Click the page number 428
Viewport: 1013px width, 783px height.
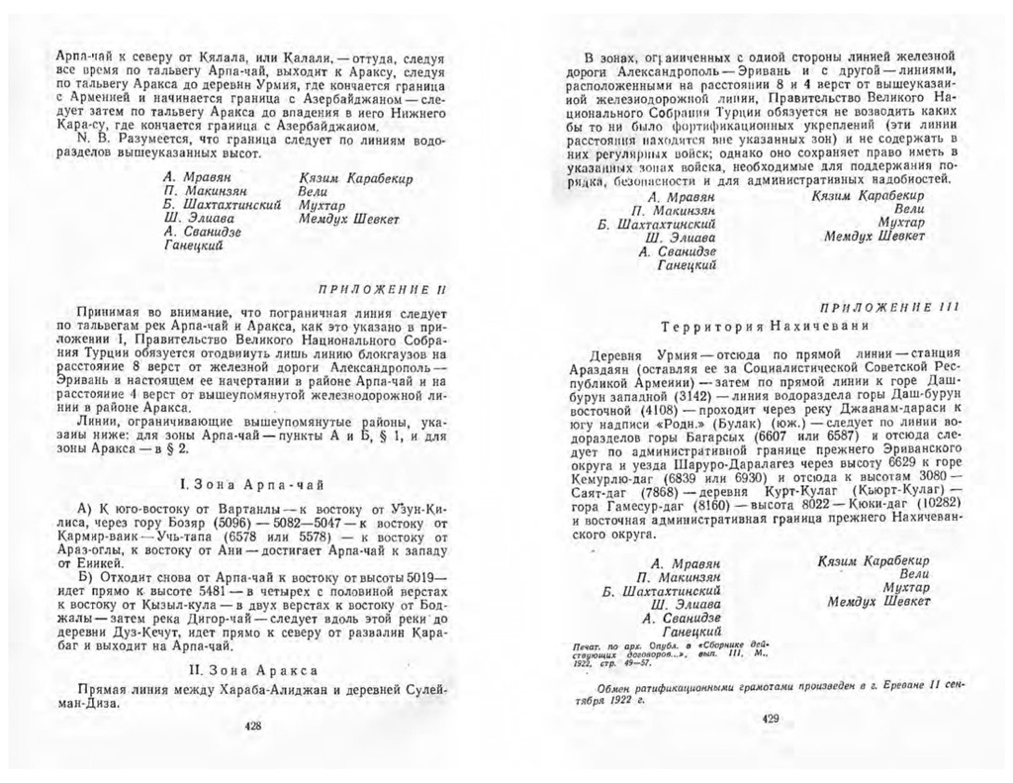point(252,727)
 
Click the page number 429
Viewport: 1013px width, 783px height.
point(773,720)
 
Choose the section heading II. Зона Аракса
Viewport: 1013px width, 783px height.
point(252,668)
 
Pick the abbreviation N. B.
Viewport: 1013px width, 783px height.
point(92,141)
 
